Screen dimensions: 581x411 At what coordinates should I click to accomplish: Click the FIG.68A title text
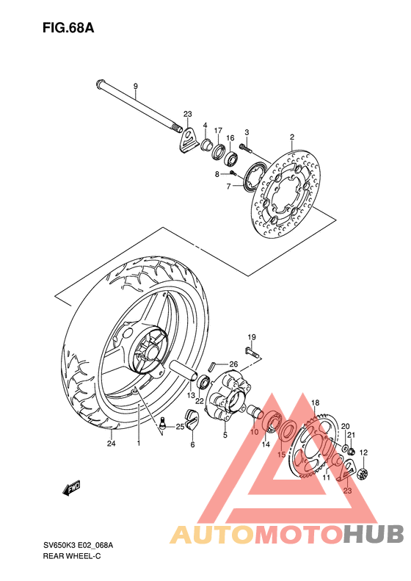(68, 29)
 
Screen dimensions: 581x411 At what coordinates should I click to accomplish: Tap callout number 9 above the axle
(135, 87)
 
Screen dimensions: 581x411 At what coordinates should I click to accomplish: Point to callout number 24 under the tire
(111, 443)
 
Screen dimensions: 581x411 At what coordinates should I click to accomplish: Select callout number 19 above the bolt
(250, 337)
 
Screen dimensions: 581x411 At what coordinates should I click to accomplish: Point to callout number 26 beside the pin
(233, 364)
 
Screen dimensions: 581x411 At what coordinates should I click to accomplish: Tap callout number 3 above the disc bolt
(247, 132)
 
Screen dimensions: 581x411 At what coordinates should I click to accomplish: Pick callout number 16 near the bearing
(230, 138)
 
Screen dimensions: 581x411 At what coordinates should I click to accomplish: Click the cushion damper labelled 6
(192, 419)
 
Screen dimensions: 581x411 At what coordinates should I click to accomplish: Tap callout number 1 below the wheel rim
(137, 443)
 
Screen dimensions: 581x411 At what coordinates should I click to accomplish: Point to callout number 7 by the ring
(228, 187)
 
